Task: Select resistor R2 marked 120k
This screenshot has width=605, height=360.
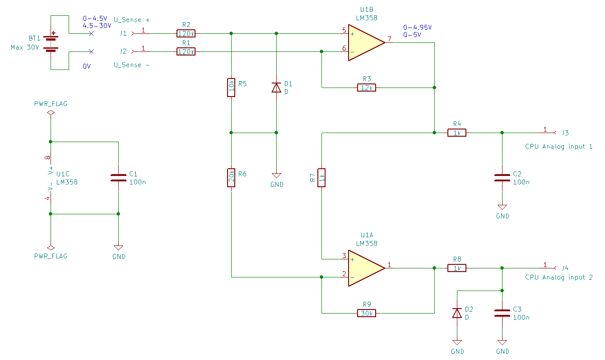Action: point(186,33)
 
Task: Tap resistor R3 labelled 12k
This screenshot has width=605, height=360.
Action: point(367,88)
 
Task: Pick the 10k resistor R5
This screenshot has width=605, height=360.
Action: point(231,88)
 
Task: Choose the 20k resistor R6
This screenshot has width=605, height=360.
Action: point(231,178)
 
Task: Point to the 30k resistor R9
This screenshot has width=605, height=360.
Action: point(367,314)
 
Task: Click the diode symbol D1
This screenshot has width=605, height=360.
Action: point(276,88)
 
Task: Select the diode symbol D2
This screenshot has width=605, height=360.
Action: point(457,314)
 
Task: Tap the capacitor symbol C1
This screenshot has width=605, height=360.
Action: point(118,178)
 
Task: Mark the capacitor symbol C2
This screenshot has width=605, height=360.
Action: point(502,178)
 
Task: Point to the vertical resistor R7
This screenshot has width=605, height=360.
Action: point(321,178)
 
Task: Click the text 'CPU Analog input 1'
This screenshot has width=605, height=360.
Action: point(558,147)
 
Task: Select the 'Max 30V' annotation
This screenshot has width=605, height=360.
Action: point(25,47)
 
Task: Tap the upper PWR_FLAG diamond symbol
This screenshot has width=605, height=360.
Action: point(51,112)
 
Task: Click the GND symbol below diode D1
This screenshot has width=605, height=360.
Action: point(276,175)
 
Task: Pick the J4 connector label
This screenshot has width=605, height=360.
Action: point(565,268)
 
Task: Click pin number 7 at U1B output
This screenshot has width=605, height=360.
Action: point(389,39)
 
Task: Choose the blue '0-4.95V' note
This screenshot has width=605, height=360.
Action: point(417,27)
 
